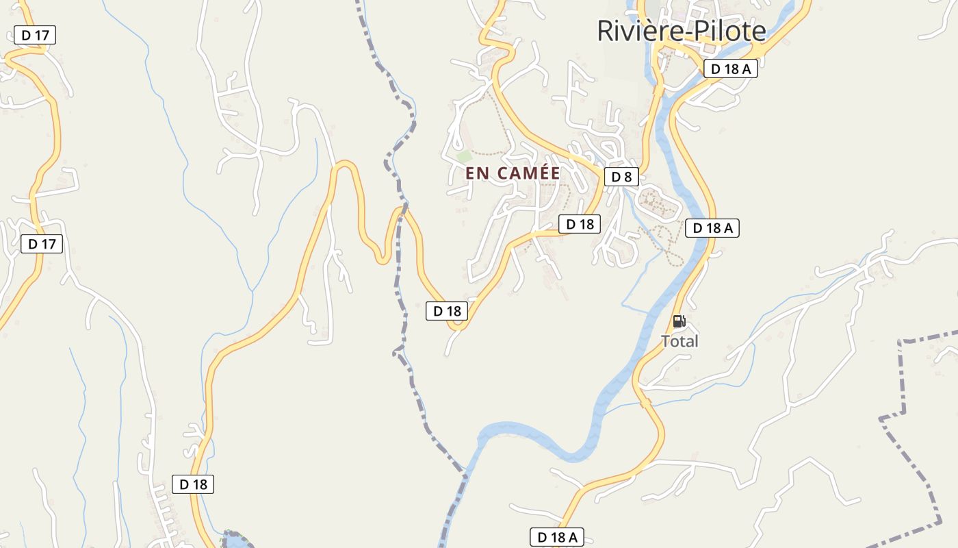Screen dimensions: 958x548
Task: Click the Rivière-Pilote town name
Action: (682, 32)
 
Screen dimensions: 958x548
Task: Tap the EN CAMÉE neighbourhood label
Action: (513, 173)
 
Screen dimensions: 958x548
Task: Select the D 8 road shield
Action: (621, 177)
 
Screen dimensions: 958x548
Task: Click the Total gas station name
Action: (679, 341)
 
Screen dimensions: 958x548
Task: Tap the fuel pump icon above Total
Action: (679, 321)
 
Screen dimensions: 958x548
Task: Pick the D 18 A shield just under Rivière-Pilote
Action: (730, 68)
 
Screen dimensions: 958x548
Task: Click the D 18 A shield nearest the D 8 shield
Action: (712, 228)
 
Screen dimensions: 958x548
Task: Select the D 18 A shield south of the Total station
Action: (557, 537)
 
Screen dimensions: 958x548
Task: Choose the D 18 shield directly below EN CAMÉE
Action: (579, 224)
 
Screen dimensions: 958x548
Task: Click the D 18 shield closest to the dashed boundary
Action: (447, 311)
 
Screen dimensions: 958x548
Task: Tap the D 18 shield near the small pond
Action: (193, 484)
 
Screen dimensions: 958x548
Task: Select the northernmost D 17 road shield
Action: (34, 35)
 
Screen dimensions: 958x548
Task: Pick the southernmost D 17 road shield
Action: (42, 244)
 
